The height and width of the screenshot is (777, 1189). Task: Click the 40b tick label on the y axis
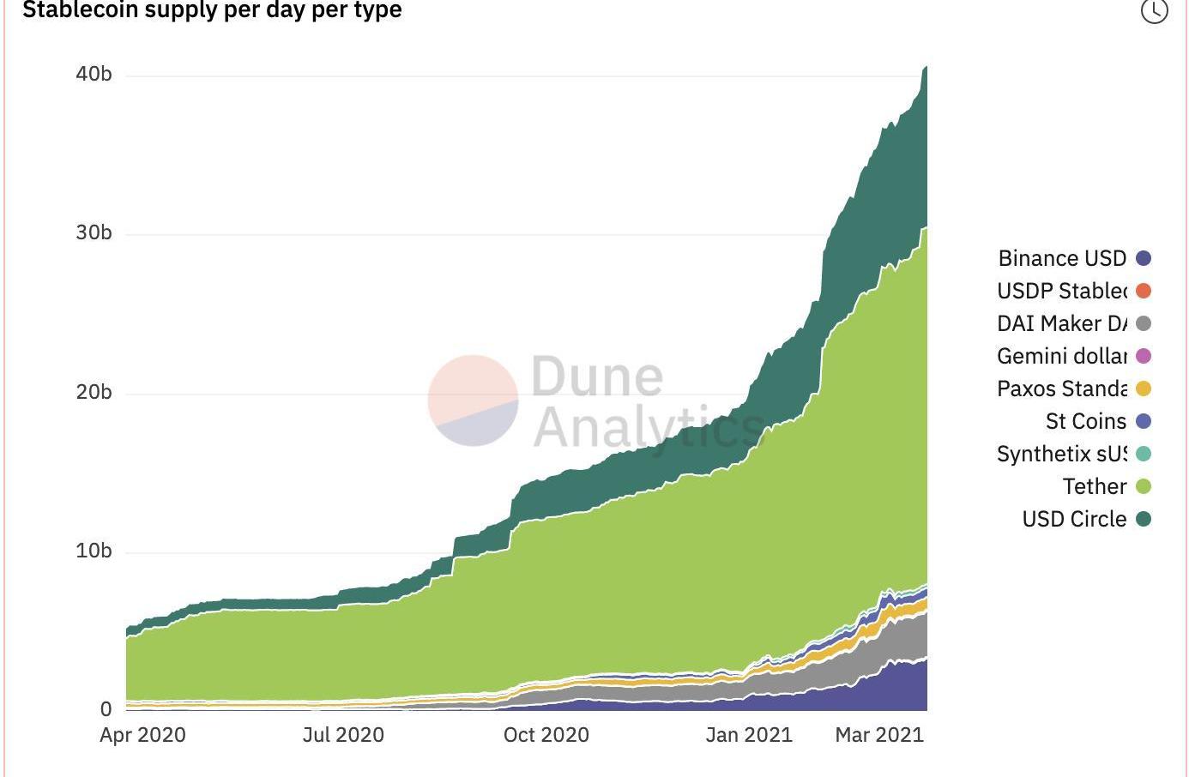tap(94, 75)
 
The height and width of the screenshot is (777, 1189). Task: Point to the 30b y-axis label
tap(94, 233)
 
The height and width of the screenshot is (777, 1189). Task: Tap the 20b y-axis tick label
tap(94, 393)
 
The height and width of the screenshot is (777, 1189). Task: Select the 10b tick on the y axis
tap(94, 551)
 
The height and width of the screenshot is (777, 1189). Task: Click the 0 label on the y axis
tap(106, 710)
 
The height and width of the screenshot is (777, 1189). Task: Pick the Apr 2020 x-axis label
tap(142, 735)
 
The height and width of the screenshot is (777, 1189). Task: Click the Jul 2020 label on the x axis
tap(343, 735)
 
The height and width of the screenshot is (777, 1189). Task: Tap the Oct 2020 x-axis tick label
tap(546, 735)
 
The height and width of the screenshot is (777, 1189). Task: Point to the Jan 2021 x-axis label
tap(749, 735)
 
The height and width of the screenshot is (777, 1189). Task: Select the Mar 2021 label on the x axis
tap(879, 735)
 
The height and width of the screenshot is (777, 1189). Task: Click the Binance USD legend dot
tap(1144, 258)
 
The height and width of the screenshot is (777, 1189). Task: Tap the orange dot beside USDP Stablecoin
tap(1144, 291)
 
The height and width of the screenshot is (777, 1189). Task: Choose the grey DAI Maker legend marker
tap(1144, 323)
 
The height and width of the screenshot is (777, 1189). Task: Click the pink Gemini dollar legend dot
tap(1144, 356)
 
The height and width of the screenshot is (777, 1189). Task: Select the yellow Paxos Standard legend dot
tap(1144, 388)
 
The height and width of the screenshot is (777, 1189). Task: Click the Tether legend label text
tap(1094, 486)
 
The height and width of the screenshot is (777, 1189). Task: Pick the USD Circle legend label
tap(1074, 519)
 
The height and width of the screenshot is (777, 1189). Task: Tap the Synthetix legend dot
tap(1144, 454)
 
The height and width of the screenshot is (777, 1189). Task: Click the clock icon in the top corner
tap(1154, 11)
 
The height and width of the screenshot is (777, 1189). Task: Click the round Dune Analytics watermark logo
tap(473, 401)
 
